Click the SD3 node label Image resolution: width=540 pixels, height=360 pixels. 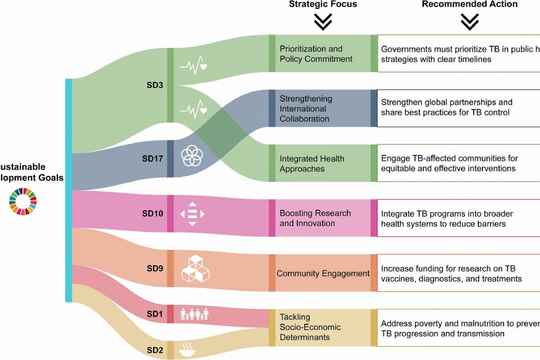tap(155, 85)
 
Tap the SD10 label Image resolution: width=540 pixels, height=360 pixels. tap(153, 213)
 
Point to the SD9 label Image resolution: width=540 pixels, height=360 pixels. tap(155, 269)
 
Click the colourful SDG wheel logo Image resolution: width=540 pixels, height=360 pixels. tap(22, 201)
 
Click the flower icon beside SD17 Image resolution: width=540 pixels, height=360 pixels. tap(192, 155)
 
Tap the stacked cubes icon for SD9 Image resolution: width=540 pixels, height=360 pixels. tap(196, 269)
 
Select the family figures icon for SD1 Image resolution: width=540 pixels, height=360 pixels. tap(194, 313)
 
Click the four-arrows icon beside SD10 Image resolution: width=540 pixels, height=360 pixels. tap(193, 213)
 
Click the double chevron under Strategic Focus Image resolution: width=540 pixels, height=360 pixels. tap(323, 22)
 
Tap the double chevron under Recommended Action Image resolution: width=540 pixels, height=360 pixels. tap(469, 22)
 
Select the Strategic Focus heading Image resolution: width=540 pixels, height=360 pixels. tap(323, 4)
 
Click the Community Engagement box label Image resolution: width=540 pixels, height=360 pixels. tap(323, 273)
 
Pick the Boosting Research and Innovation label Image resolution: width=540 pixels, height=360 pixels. tap(315, 218)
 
